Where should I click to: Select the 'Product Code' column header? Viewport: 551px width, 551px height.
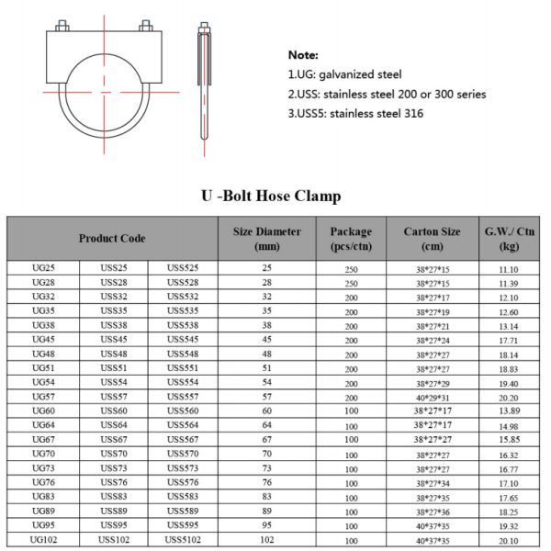click(x=112, y=239)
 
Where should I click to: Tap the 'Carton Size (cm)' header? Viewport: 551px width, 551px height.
click(x=433, y=239)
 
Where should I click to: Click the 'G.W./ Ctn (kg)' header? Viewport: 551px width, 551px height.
click(x=509, y=239)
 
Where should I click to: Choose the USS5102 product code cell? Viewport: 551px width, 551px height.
click(x=183, y=540)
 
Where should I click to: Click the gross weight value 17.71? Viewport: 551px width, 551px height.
click(x=509, y=340)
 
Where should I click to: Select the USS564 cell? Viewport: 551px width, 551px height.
click(x=183, y=425)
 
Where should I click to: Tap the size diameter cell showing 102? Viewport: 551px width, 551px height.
click(x=267, y=540)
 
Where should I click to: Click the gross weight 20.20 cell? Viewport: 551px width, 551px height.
click(x=509, y=397)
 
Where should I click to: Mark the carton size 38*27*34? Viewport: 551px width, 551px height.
click(x=433, y=482)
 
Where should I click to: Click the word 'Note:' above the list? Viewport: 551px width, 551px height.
click(x=303, y=55)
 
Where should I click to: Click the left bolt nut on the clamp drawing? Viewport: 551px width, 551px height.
click(x=62, y=26)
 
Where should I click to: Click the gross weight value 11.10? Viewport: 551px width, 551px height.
click(x=509, y=268)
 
